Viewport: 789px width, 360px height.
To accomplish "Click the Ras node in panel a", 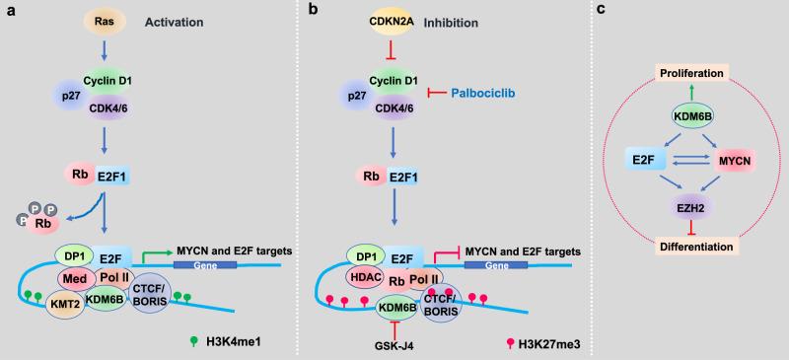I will tap(104, 22).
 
